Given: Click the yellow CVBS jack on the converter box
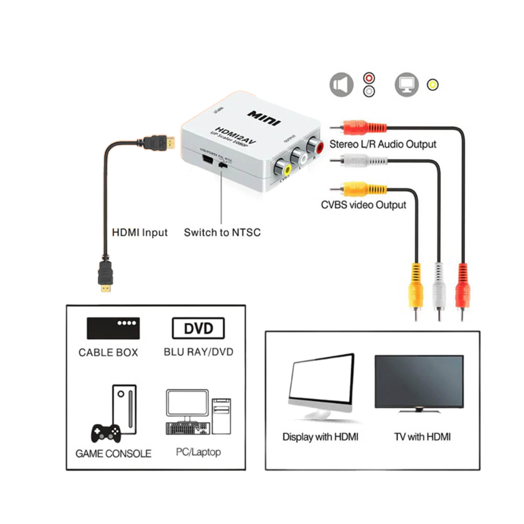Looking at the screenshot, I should [x=286, y=169].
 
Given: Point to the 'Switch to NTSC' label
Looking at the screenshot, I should [x=222, y=232].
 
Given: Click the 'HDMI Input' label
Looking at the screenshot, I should [x=140, y=232].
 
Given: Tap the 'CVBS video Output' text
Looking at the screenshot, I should [x=363, y=204].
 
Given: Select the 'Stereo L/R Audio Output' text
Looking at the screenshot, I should [x=383, y=144].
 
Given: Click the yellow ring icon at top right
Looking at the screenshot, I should [x=433, y=84].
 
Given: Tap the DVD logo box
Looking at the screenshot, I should [x=198, y=329].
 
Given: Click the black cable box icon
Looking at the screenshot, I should [x=113, y=328].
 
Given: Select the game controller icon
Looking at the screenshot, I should [x=106, y=433].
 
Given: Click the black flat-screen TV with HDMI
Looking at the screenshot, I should [x=419, y=383].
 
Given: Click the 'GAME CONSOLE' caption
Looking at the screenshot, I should [x=113, y=453].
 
